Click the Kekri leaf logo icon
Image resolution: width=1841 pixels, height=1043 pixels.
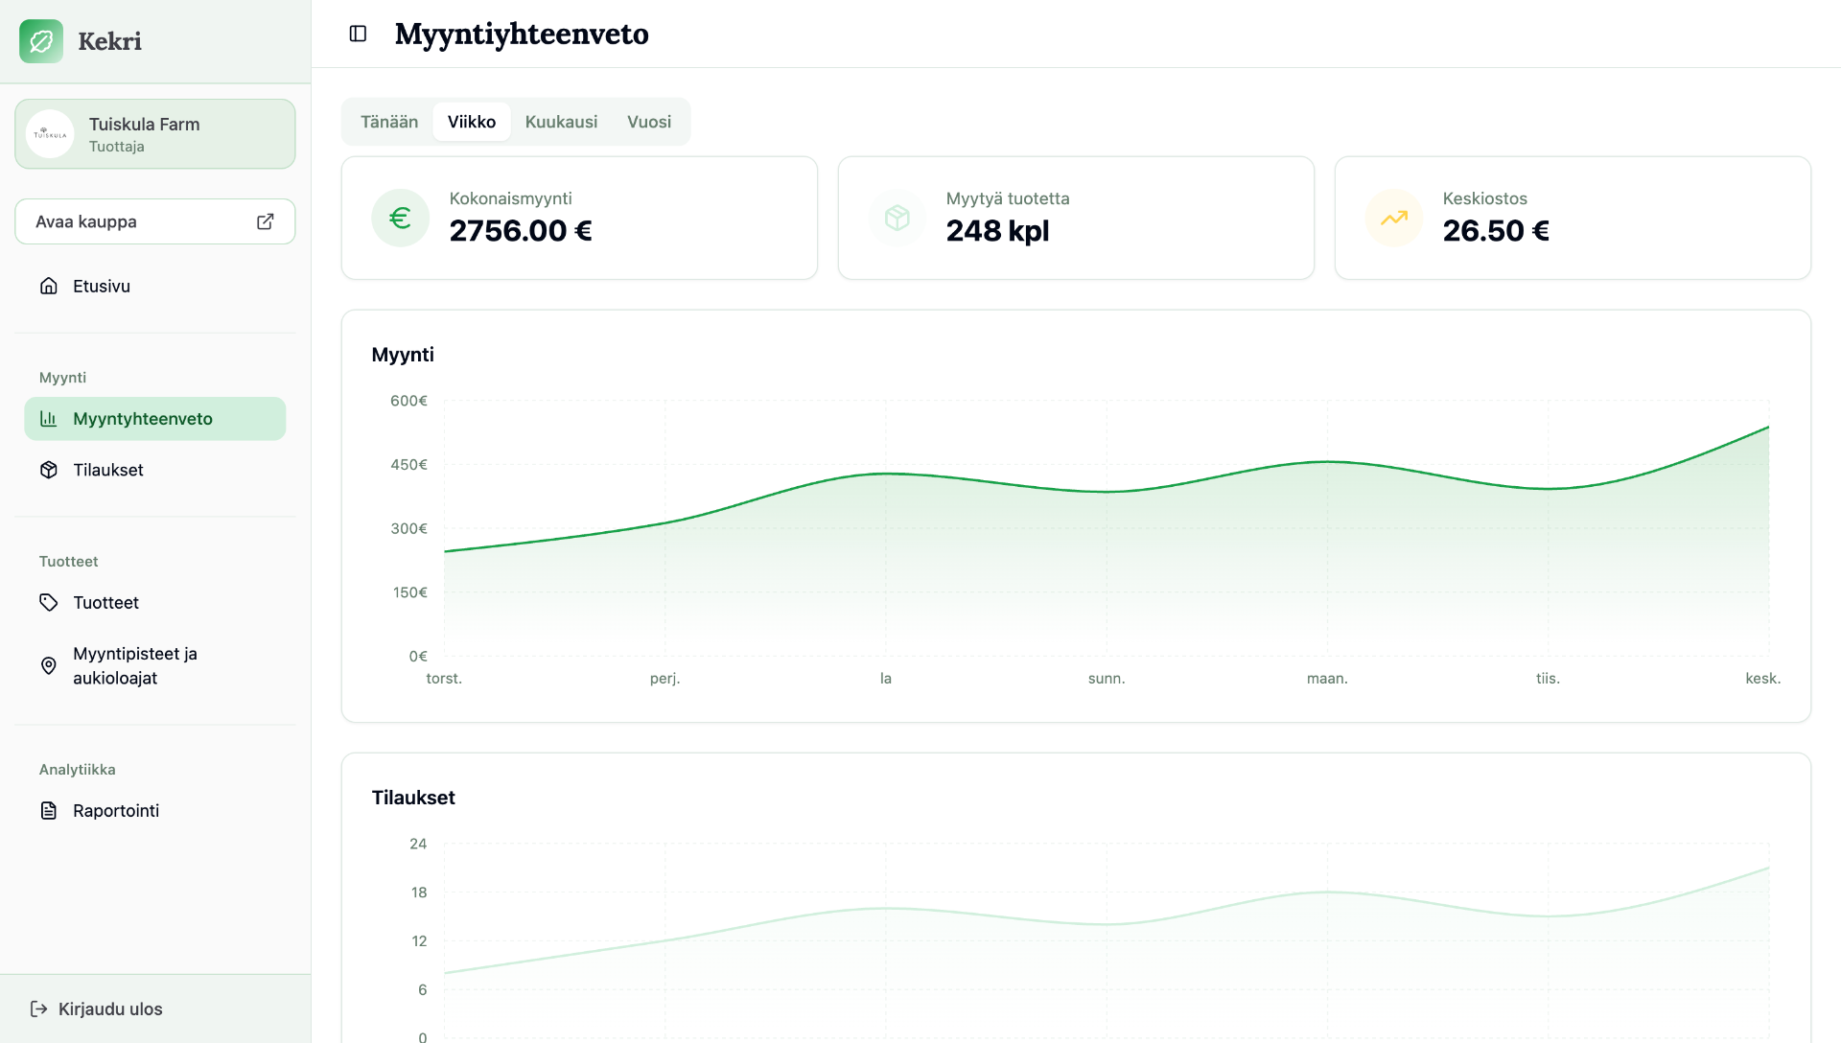tap(41, 41)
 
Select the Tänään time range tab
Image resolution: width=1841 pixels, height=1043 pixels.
tap(389, 122)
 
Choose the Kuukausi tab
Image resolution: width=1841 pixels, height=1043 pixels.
tap(561, 122)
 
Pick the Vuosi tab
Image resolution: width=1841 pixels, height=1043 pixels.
tap(649, 122)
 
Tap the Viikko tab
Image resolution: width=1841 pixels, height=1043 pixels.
tap(472, 122)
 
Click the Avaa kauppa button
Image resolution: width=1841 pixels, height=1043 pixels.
tap(155, 221)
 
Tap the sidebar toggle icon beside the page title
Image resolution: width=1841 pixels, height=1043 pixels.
tap(358, 34)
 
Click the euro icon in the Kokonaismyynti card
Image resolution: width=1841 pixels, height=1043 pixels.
tap(401, 218)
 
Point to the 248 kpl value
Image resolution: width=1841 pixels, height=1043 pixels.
tap(997, 231)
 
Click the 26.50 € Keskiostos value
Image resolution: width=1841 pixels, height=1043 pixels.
tap(1496, 231)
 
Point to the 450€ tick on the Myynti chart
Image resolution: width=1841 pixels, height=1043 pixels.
tap(408, 465)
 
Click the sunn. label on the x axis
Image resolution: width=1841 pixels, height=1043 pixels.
tap(1107, 679)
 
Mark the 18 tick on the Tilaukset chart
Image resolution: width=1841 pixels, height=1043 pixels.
tap(419, 892)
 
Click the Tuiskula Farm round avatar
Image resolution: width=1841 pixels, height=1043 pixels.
tap(50, 134)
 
